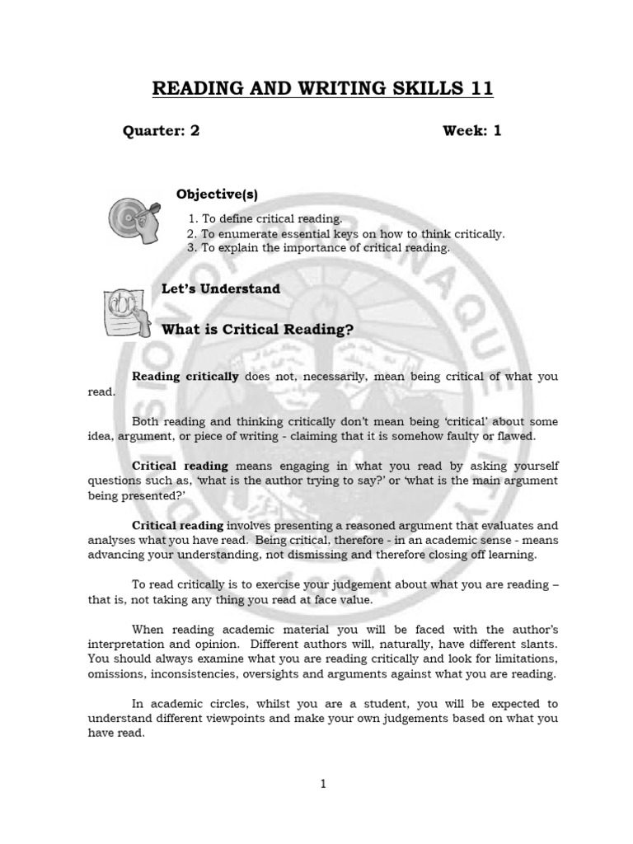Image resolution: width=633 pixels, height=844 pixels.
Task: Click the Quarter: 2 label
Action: [162, 131]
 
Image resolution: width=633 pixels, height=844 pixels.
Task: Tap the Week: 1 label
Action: [472, 131]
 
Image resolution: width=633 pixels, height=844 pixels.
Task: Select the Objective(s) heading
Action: [217, 195]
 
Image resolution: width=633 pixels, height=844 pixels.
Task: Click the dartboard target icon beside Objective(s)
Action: [133, 222]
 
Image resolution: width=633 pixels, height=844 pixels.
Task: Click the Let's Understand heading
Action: [221, 288]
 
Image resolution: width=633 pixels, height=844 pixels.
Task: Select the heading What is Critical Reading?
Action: [257, 330]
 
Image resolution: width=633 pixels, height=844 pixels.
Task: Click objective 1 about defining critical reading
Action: [265, 218]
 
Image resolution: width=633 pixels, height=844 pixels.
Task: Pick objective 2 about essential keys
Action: [346, 233]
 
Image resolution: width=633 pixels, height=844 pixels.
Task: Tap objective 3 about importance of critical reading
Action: [319, 247]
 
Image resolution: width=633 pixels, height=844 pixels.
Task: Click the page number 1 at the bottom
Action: [324, 785]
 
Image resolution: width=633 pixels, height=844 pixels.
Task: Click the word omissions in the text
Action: [117, 674]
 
